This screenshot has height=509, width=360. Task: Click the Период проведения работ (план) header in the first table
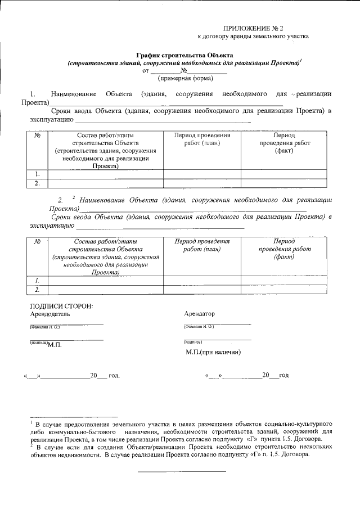pos(201,139)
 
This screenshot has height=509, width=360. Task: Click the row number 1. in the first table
pos(37,174)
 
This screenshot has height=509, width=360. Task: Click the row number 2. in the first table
pos(37,183)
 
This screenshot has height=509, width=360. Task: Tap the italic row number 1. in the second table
pos(37,280)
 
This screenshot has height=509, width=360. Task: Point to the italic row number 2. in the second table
pos(37,289)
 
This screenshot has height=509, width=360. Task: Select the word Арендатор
pos(199,314)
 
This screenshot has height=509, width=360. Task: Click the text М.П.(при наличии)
pos(213,352)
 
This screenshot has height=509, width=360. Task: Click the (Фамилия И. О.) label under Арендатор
pos(199,327)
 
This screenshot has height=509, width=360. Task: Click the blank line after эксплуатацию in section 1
pos(163,120)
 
